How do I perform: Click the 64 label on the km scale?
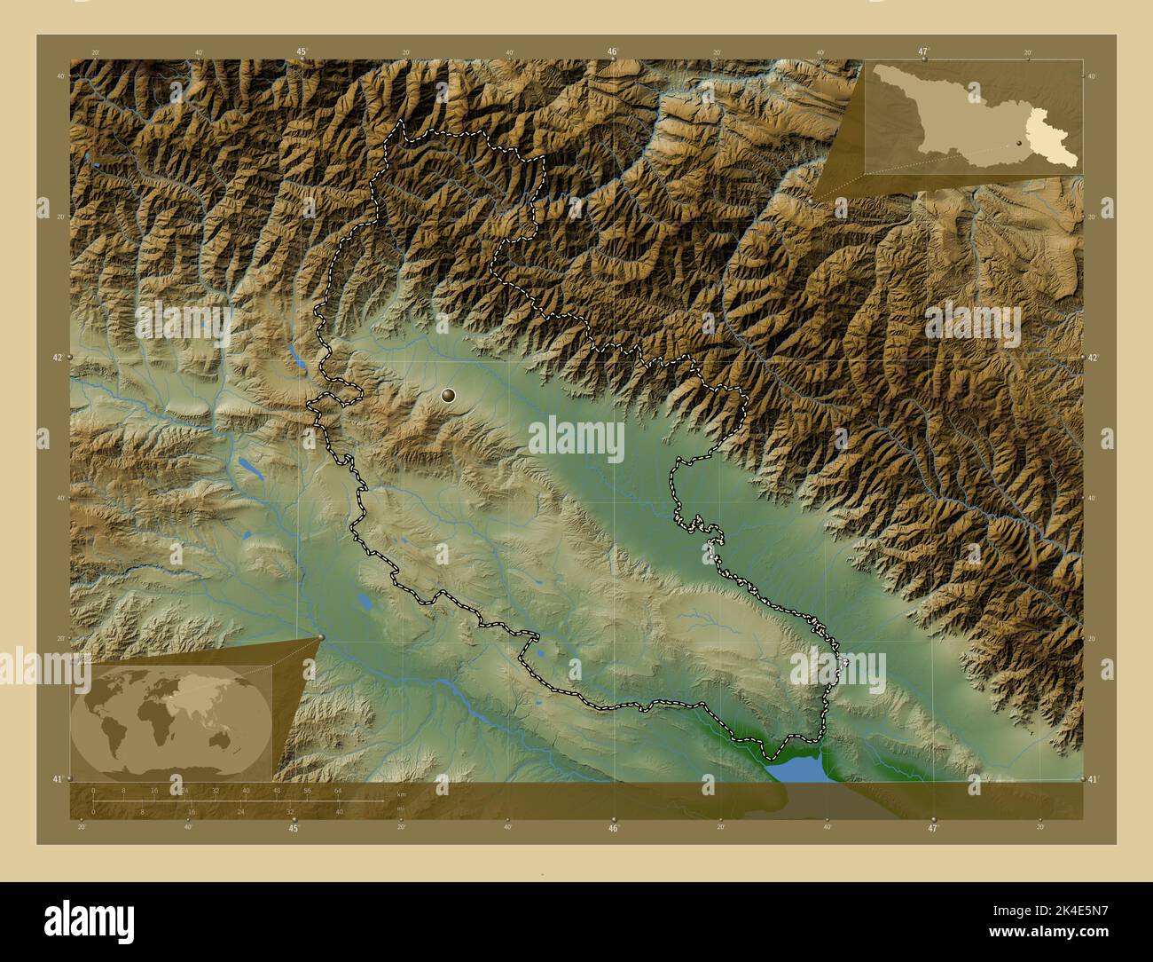pyautogui.click(x=338, y=790)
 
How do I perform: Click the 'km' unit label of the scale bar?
pyautogui.click(x=401, y=794)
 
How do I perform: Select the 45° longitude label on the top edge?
pyautogui.click(x=302, y=52)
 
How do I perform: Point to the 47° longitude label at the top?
pyautogui.click(x=923, y=52)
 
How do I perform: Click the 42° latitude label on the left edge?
pyautogui.click(x=57, y=358)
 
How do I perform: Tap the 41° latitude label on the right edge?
pyautogui.click(x=1096, y=778)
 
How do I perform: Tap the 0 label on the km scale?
pyautogui.click(x=93, y=790)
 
